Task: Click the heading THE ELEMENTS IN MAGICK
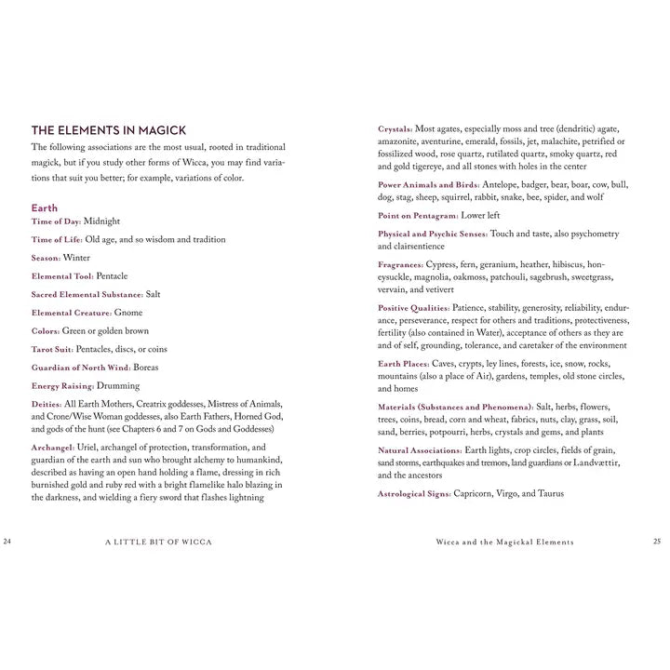(109, 130)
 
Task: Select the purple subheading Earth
(44, 208)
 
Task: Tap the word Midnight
(101, 221)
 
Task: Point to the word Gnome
(128, 313)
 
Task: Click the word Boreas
(146, 368)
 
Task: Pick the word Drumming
(118, 385)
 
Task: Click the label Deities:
(47, 404)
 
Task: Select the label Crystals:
(395, 129)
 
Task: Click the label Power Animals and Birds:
(429, 185)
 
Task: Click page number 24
(8, 541)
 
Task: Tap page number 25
(657, 541)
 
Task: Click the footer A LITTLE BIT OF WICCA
(158, 542)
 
